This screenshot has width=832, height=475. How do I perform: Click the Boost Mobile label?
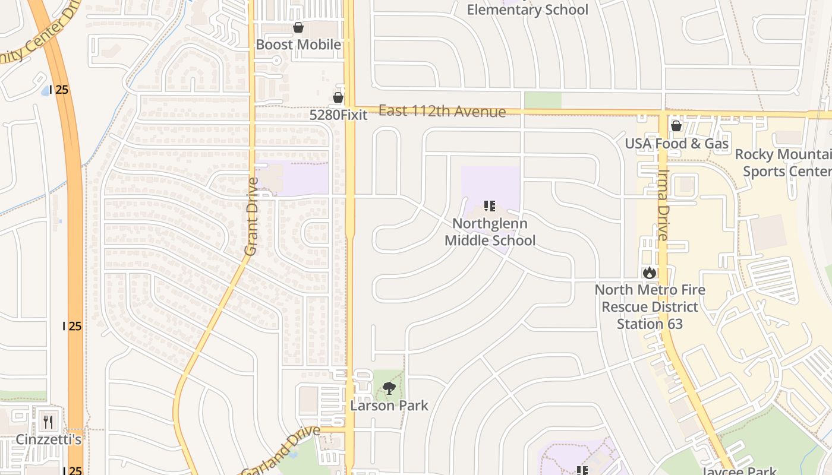298,45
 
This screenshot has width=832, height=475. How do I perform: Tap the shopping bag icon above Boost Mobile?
298,27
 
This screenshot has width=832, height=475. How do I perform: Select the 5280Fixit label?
339,115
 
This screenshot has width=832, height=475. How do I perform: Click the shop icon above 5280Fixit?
338,97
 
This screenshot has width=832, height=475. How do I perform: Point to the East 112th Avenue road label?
442,111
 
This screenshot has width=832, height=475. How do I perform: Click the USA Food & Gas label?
676,144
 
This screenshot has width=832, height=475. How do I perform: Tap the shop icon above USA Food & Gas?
676,126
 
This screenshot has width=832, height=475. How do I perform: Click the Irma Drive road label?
663,211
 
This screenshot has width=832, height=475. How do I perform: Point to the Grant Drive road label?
251,217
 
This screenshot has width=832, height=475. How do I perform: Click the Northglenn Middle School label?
490,232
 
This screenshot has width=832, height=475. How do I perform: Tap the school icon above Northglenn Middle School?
490,206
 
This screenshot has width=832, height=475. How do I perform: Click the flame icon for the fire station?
649,273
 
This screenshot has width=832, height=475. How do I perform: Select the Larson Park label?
389,406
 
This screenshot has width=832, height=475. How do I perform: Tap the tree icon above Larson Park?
389,389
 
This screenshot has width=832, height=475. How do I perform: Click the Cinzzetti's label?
49,440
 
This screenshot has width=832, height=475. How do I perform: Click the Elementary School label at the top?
527,9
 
